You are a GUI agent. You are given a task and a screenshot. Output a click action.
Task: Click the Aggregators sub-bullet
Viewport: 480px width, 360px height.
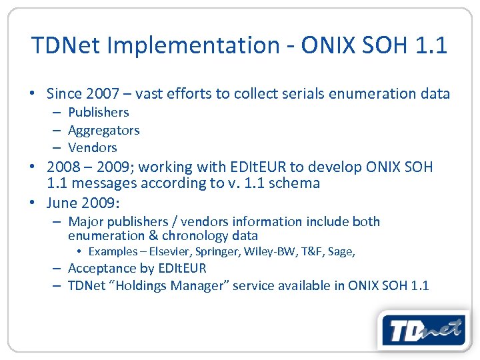click(103, 130)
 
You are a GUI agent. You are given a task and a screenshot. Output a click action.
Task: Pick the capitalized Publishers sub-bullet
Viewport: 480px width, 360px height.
click(98, 113)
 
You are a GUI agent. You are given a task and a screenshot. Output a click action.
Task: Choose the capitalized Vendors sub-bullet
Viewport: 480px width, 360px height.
click(92, 147)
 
